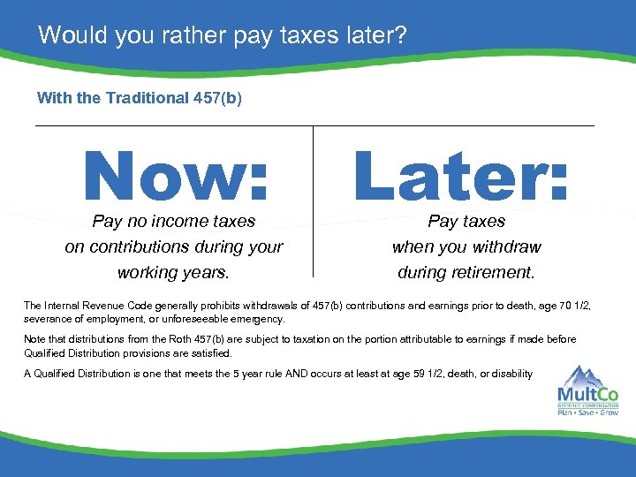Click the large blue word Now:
pos(176,174)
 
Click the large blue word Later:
pos(461,174)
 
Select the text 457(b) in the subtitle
pos(216,98)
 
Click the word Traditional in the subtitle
pos(145,98)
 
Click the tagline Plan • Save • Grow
pos(587,412)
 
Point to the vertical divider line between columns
pos(314,202)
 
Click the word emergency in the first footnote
pos(255,318)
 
